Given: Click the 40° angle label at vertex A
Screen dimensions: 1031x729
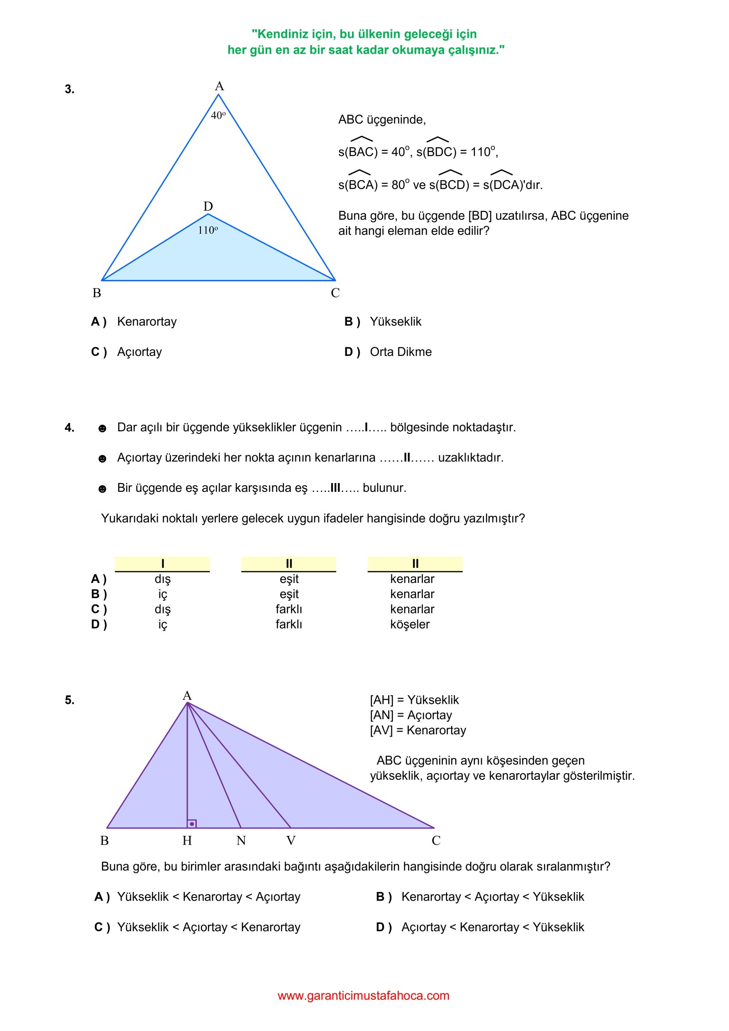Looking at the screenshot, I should coord(218,115).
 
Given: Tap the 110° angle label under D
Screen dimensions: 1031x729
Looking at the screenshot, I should coord(208,230).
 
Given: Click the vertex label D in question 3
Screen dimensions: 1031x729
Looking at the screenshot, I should coord(208,206).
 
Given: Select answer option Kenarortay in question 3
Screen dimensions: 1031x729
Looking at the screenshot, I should coord(147,322).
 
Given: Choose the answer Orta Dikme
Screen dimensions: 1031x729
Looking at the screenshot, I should coord(400,352).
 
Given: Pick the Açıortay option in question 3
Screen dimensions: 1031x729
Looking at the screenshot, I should coord(139,352).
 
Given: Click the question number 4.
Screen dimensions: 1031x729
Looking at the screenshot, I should coord(69,428).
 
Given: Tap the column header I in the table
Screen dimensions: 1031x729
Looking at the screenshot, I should coord(163,564).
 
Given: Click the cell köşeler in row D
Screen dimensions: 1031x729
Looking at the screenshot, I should coord(410,624).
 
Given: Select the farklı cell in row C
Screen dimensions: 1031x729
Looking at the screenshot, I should coord(289,609).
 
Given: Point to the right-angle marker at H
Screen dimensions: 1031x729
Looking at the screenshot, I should coord(192,824).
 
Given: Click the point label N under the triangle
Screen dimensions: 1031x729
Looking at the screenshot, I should coord(241,840).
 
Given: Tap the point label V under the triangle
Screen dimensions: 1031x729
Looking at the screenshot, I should coord(291,840).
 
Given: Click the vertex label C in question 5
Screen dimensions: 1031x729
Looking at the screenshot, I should coord(436,840).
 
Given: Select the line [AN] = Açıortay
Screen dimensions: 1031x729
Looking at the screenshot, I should coord(411,715).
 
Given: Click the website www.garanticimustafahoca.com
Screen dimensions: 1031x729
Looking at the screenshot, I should coord(364,995).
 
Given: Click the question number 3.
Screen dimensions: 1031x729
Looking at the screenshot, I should coord(69,89).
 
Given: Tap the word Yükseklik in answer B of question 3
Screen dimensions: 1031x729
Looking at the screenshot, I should coord(395,322).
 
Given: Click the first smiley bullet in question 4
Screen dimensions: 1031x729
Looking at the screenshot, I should coord(103,428).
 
